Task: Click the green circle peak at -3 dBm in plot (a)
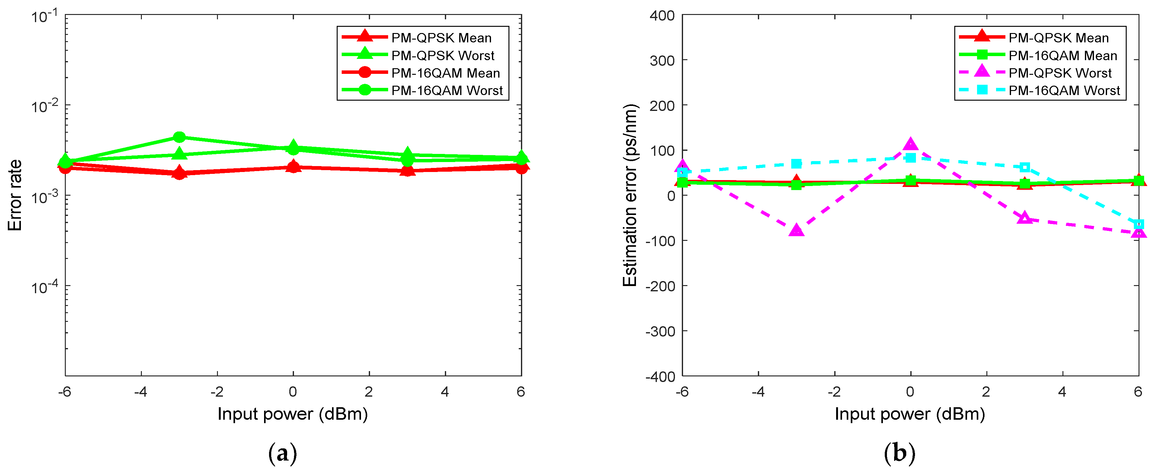click(179, 137)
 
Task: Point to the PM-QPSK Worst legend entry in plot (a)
click(442, 55)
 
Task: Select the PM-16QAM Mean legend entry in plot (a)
click(445, 73)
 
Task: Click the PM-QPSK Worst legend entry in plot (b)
click(1059, 73)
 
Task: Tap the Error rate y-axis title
click(15, 195)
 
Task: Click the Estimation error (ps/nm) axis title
click(630, 195)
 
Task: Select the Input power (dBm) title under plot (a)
click(293, 414)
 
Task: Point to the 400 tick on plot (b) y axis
click(662, 16)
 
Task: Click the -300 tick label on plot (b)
click(660, 331)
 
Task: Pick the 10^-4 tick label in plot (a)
click(45, 287)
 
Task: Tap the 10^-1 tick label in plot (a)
click(45, 17)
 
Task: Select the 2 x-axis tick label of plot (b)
click(986, 392)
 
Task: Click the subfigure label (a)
click(282, 454)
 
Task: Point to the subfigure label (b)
click(899, 454)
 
